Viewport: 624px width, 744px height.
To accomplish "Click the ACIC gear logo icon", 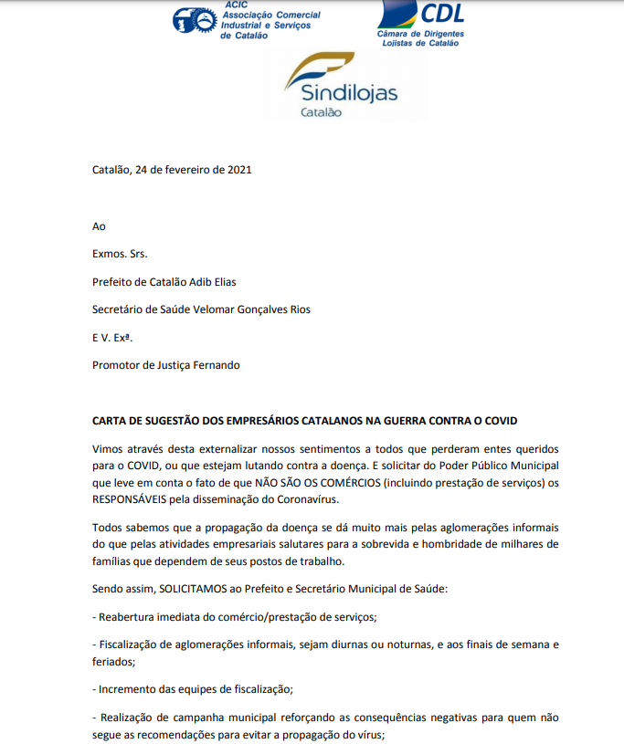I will [194, 21].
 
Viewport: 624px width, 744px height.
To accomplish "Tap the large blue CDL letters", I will [441, 13].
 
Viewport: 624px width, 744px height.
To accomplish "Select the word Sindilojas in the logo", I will [341, 93].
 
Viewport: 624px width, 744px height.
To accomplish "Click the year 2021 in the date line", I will [238, 170].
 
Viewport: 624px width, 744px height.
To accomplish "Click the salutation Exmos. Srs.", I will [120, 254].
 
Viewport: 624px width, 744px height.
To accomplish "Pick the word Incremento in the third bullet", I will [128, 687].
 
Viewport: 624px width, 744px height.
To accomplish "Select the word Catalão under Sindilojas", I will [320, 112].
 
